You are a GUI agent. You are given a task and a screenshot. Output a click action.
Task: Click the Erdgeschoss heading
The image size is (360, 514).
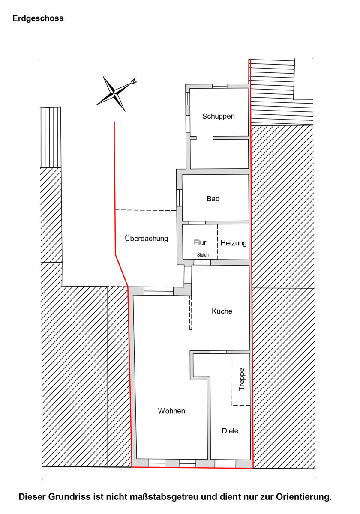tap(38, 18)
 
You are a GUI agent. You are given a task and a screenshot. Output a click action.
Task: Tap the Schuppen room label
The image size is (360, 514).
tap(218, 117)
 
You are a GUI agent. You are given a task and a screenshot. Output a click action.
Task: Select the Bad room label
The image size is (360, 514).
tap(213, 198)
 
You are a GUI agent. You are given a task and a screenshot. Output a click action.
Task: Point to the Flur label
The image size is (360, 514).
tap(200, 242)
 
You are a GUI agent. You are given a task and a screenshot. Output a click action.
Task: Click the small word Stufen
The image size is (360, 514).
tap(203, 255)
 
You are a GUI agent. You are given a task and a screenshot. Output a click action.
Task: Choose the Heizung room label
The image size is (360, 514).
tap(234, 243)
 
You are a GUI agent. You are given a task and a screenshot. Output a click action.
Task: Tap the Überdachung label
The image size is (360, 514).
tap(146, 239)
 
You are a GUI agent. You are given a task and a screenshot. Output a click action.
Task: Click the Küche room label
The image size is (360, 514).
tap(222, 311)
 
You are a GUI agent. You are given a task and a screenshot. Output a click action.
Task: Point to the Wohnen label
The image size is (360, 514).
tap(171, 411)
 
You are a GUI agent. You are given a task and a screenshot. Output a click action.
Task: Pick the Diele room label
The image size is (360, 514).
tap(230, 431)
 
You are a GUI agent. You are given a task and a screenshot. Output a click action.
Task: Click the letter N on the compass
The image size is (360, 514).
tap(133, 81)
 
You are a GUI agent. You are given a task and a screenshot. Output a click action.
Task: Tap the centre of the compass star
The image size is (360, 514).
tap(114, 93)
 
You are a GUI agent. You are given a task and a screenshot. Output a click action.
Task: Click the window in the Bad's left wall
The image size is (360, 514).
tap(179, 198)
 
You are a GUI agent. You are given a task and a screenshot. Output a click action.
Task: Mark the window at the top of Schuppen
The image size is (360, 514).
tap(219, 86)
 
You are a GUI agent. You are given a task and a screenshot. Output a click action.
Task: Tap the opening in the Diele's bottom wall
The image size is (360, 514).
tap(225, 463)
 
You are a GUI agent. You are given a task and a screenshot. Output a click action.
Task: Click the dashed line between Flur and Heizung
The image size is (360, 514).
tap(217, 242)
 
